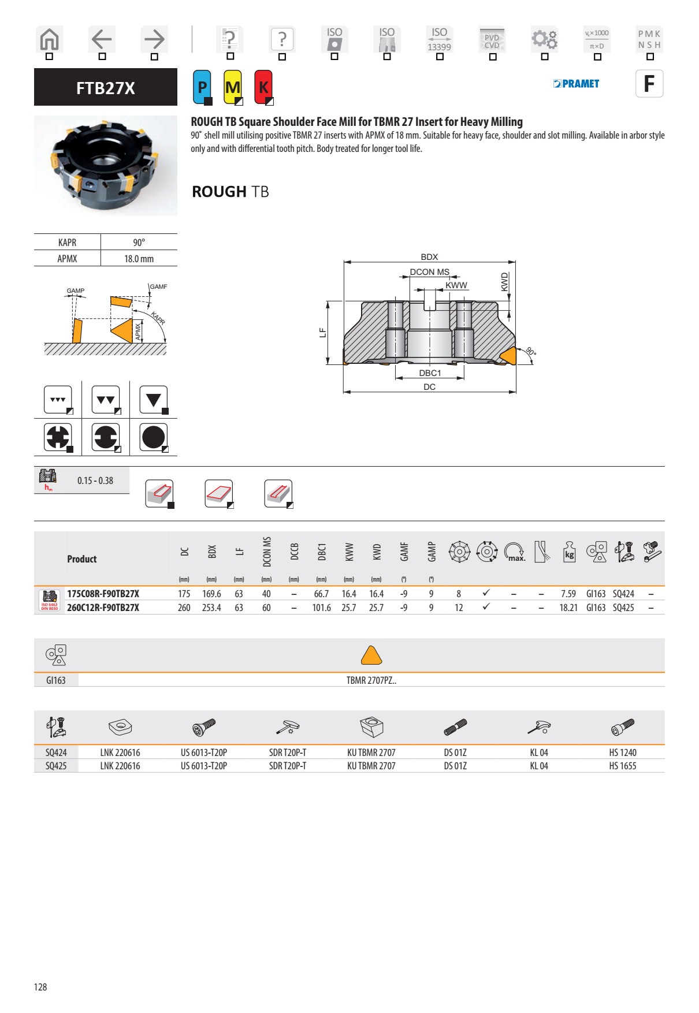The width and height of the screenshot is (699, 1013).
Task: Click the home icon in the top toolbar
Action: click(49, 40)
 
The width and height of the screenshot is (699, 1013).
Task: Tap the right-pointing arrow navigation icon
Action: click(154, 40)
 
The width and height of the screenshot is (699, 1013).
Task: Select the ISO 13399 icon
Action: click(439, 40)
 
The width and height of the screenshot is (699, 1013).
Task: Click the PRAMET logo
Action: click(576, 84)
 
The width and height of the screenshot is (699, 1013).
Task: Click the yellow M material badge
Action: click(233, 87)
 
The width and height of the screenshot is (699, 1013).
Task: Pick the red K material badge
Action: click(263, 87)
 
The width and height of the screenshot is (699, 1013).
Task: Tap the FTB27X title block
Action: click(106, 88)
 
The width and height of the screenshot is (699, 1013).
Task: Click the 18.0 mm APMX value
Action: click(139, 259)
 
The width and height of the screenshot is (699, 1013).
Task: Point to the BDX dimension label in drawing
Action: click(429, 257)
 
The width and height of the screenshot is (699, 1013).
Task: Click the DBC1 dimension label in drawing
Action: click(430, 373)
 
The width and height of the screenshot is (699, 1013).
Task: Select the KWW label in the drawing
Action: click(456, 285)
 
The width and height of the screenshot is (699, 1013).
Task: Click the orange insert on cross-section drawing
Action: click(507, 356)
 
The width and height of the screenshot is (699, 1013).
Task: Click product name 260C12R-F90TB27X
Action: click(103, 608)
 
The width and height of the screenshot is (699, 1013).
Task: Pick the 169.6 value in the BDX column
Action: click(211, 594)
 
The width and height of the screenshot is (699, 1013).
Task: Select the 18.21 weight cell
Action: click(568, 608)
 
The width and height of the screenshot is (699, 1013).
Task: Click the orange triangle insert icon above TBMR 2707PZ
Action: click(371, 656)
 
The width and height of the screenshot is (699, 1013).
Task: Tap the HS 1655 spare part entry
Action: click(622, 766)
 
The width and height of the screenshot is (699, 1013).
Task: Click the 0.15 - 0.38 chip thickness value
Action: click(95, 481)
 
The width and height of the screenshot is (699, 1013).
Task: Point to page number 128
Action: click(40, 987)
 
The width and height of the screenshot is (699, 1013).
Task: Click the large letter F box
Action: click(649, 84)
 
